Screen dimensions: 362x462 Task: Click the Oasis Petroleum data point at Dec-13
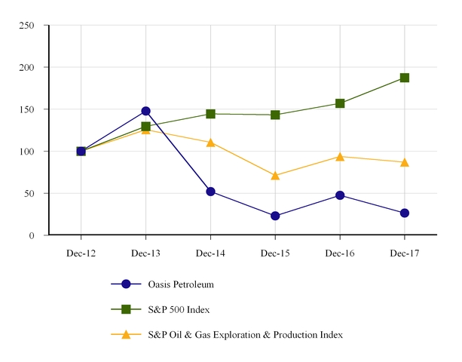pyautogui.click(x=145, y=111)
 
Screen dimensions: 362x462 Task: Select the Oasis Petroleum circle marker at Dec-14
pyautogui.click(x=210, y=192)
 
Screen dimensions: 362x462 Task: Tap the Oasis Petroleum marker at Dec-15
pyautogui.click(x=275, y=216)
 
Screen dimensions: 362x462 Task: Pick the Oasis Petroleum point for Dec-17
pyautogui.click(x=405, y=213)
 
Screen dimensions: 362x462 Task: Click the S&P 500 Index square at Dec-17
pyautogui.click(x=405, y=78)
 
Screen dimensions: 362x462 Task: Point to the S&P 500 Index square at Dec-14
pyautogui.click(x=210, y=114)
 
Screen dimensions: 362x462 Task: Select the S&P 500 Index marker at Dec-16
pyautogui.click(x=340, y=103)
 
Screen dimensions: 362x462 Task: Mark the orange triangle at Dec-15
pyautogui.click(x=275, y=176)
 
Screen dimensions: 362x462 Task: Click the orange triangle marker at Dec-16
pyautogui.click(x=340, y=157)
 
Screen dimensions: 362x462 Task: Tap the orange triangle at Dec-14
pyautogui.click(x=210, y=143)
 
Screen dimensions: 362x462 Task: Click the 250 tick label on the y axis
pyautogui.click(x=26, y=26)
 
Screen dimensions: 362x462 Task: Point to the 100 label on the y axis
pyautogui.click(x=26, y=152)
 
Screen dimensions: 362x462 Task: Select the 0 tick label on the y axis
pyautogui.click(x=32, y=236)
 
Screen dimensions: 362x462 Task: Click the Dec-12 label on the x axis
pyautogui.click(x=81, y=254)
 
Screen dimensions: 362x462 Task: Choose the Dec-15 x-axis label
pyautogui.click(x=275, y=254)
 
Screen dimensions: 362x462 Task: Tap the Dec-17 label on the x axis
pyautogui.click(x=405, y=254)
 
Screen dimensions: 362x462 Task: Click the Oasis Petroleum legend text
pyautogui.click(x=181, y=284)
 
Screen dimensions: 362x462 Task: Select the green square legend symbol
pyautogui.click(x=126, y=309)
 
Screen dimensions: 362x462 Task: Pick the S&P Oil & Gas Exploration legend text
pyautogui.click(x=246, y=334)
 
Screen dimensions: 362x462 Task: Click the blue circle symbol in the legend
pyautogui.click(x=126, y=284)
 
